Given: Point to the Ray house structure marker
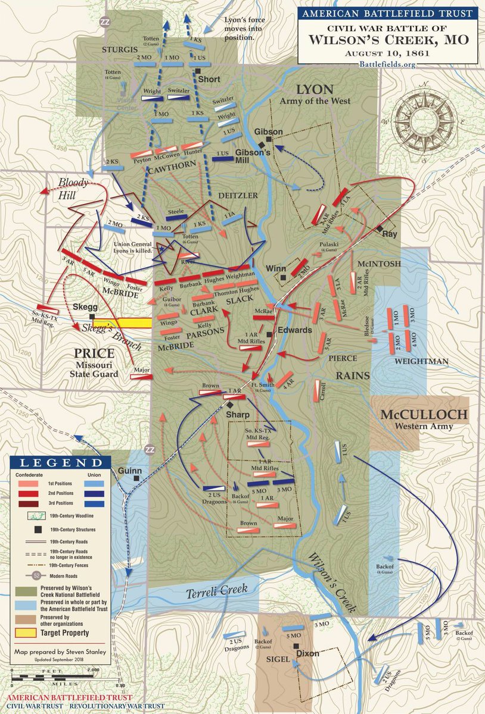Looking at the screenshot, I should tap(379, 228).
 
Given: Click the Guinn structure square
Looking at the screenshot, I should tap(137, 477).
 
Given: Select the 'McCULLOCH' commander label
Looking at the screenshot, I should tap(417, 415).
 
